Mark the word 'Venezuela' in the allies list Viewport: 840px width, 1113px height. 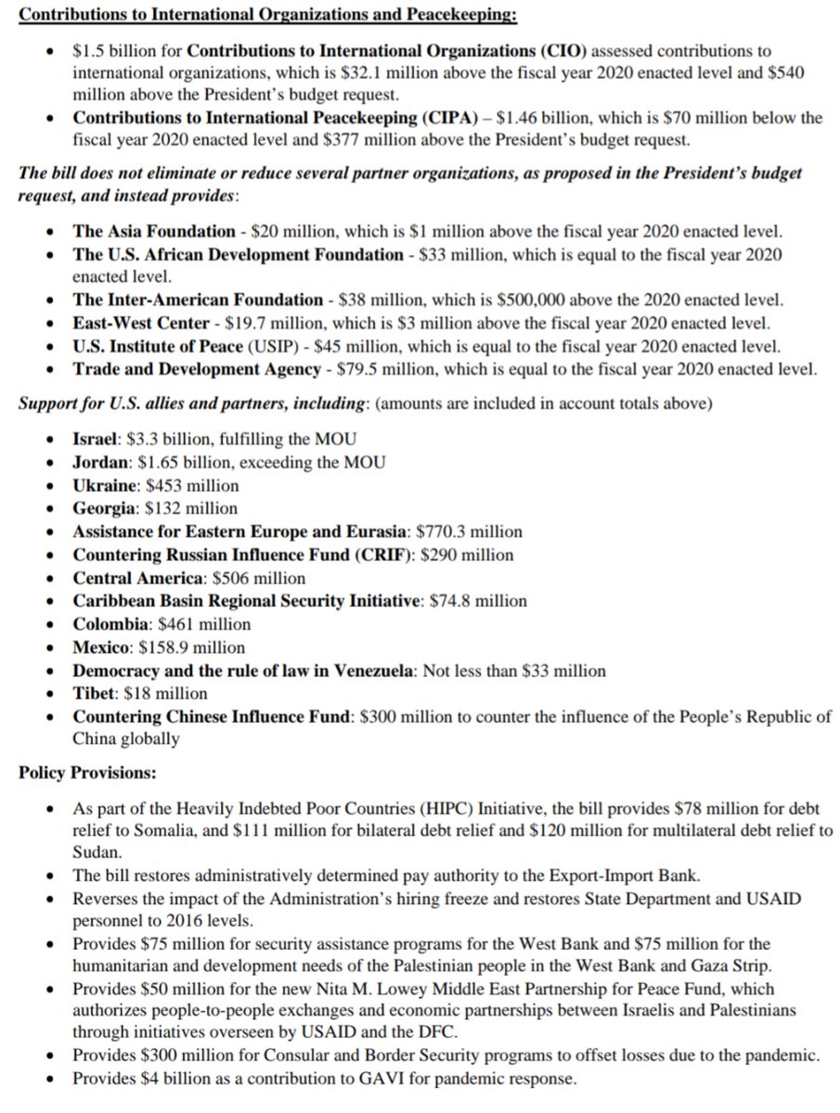click(x=374, y=671)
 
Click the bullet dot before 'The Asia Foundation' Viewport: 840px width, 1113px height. click(x=52, y=232)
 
